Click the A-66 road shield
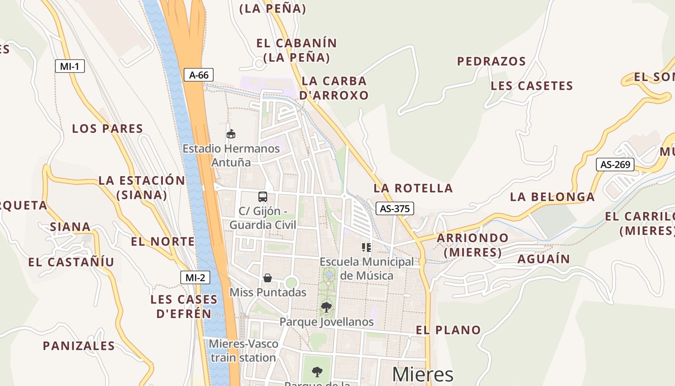[x=198, y=75]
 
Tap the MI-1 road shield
[x=69, y=67]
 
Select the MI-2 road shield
[x=195, y=277]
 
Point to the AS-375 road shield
[x=394, y=208]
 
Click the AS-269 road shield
[x=615, y=165]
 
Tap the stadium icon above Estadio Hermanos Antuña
[x=231, y=134]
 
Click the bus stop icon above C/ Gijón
[x=262, y=197]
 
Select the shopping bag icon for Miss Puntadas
[x=268, y=278]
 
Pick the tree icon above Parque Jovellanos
[x=326, y=307]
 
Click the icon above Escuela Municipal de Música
[x=366, y=248]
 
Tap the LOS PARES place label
[x=108, y=129]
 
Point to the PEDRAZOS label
[x=491, y=61]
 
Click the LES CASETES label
[x=532, y=86]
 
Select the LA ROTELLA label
[x=413, y=188]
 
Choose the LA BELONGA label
[x=552, y=197]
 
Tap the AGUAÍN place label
[x=543, y=259]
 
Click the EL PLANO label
[x=448, y=330]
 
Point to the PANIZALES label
[x=79, y=346]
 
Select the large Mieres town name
[x=422, y=374]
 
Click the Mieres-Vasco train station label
[x=243, y=351]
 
